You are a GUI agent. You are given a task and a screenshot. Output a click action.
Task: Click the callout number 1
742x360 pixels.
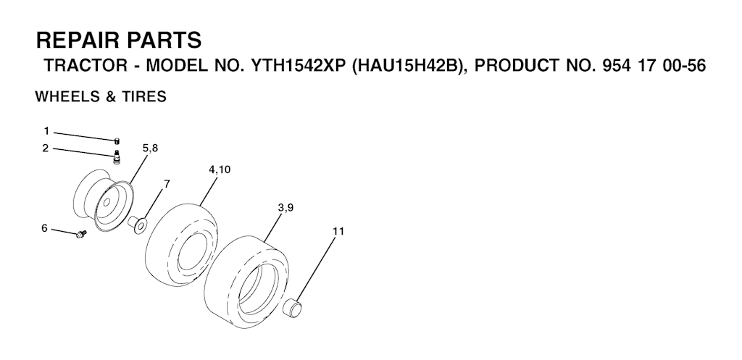pyautogui.click(x=46, y=131)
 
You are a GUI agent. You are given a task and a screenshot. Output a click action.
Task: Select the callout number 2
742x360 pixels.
pyautogui.click(x=46, y=148)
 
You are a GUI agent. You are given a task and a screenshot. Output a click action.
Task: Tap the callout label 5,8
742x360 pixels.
pyautogui.click(x=150, y=148)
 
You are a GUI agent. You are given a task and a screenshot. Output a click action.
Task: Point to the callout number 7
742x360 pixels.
pyautogui.click(x=167, y=183)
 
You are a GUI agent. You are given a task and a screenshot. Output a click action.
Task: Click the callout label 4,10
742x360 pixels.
pyautogui.click(x=220, y=169)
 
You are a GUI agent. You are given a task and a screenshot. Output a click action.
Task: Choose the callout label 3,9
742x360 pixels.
pyautogui.click(x=285, y=208)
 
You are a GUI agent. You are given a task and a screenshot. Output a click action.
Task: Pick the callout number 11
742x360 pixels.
pyautogui.click(x=338, y=231)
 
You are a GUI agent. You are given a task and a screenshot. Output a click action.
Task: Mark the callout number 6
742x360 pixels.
pyautogui.click(x=44, y=228)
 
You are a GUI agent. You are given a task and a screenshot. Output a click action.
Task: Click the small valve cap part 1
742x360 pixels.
pyautogui.click(x=116, y=140)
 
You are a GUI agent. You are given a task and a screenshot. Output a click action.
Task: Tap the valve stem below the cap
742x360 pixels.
pyautogui.click(x=116, y=156)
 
